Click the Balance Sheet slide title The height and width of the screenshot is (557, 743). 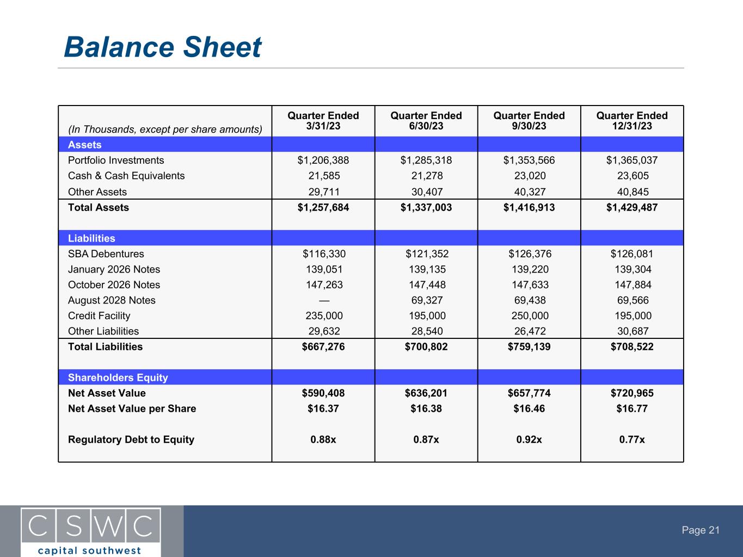(162, 47)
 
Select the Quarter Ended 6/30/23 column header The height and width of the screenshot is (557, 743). (426, 121)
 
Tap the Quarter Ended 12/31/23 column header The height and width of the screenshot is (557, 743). (631, 121)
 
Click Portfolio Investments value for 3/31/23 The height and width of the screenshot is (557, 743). (323, 160)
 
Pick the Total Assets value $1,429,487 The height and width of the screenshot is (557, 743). (631, 207)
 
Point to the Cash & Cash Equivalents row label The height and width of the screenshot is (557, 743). (126, 176)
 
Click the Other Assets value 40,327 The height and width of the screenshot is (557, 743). (529, 192)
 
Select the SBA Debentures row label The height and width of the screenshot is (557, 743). (106, 254)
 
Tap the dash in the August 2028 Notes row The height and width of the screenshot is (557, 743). (323, 300)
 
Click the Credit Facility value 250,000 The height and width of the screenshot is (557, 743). (529, 316)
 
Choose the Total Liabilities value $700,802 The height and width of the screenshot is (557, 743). (426, 346)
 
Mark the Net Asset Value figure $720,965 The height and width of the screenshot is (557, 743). (631, 393)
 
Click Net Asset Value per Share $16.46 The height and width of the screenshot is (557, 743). (529, 409)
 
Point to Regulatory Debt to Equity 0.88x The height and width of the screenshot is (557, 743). (323, 440)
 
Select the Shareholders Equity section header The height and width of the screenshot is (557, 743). (118, 377)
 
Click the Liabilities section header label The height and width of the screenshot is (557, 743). (91, 238)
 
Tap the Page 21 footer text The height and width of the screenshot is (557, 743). (701, 530)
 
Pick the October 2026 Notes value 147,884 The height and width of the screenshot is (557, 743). (631, 285)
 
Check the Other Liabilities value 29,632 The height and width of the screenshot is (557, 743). (323, 331)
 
